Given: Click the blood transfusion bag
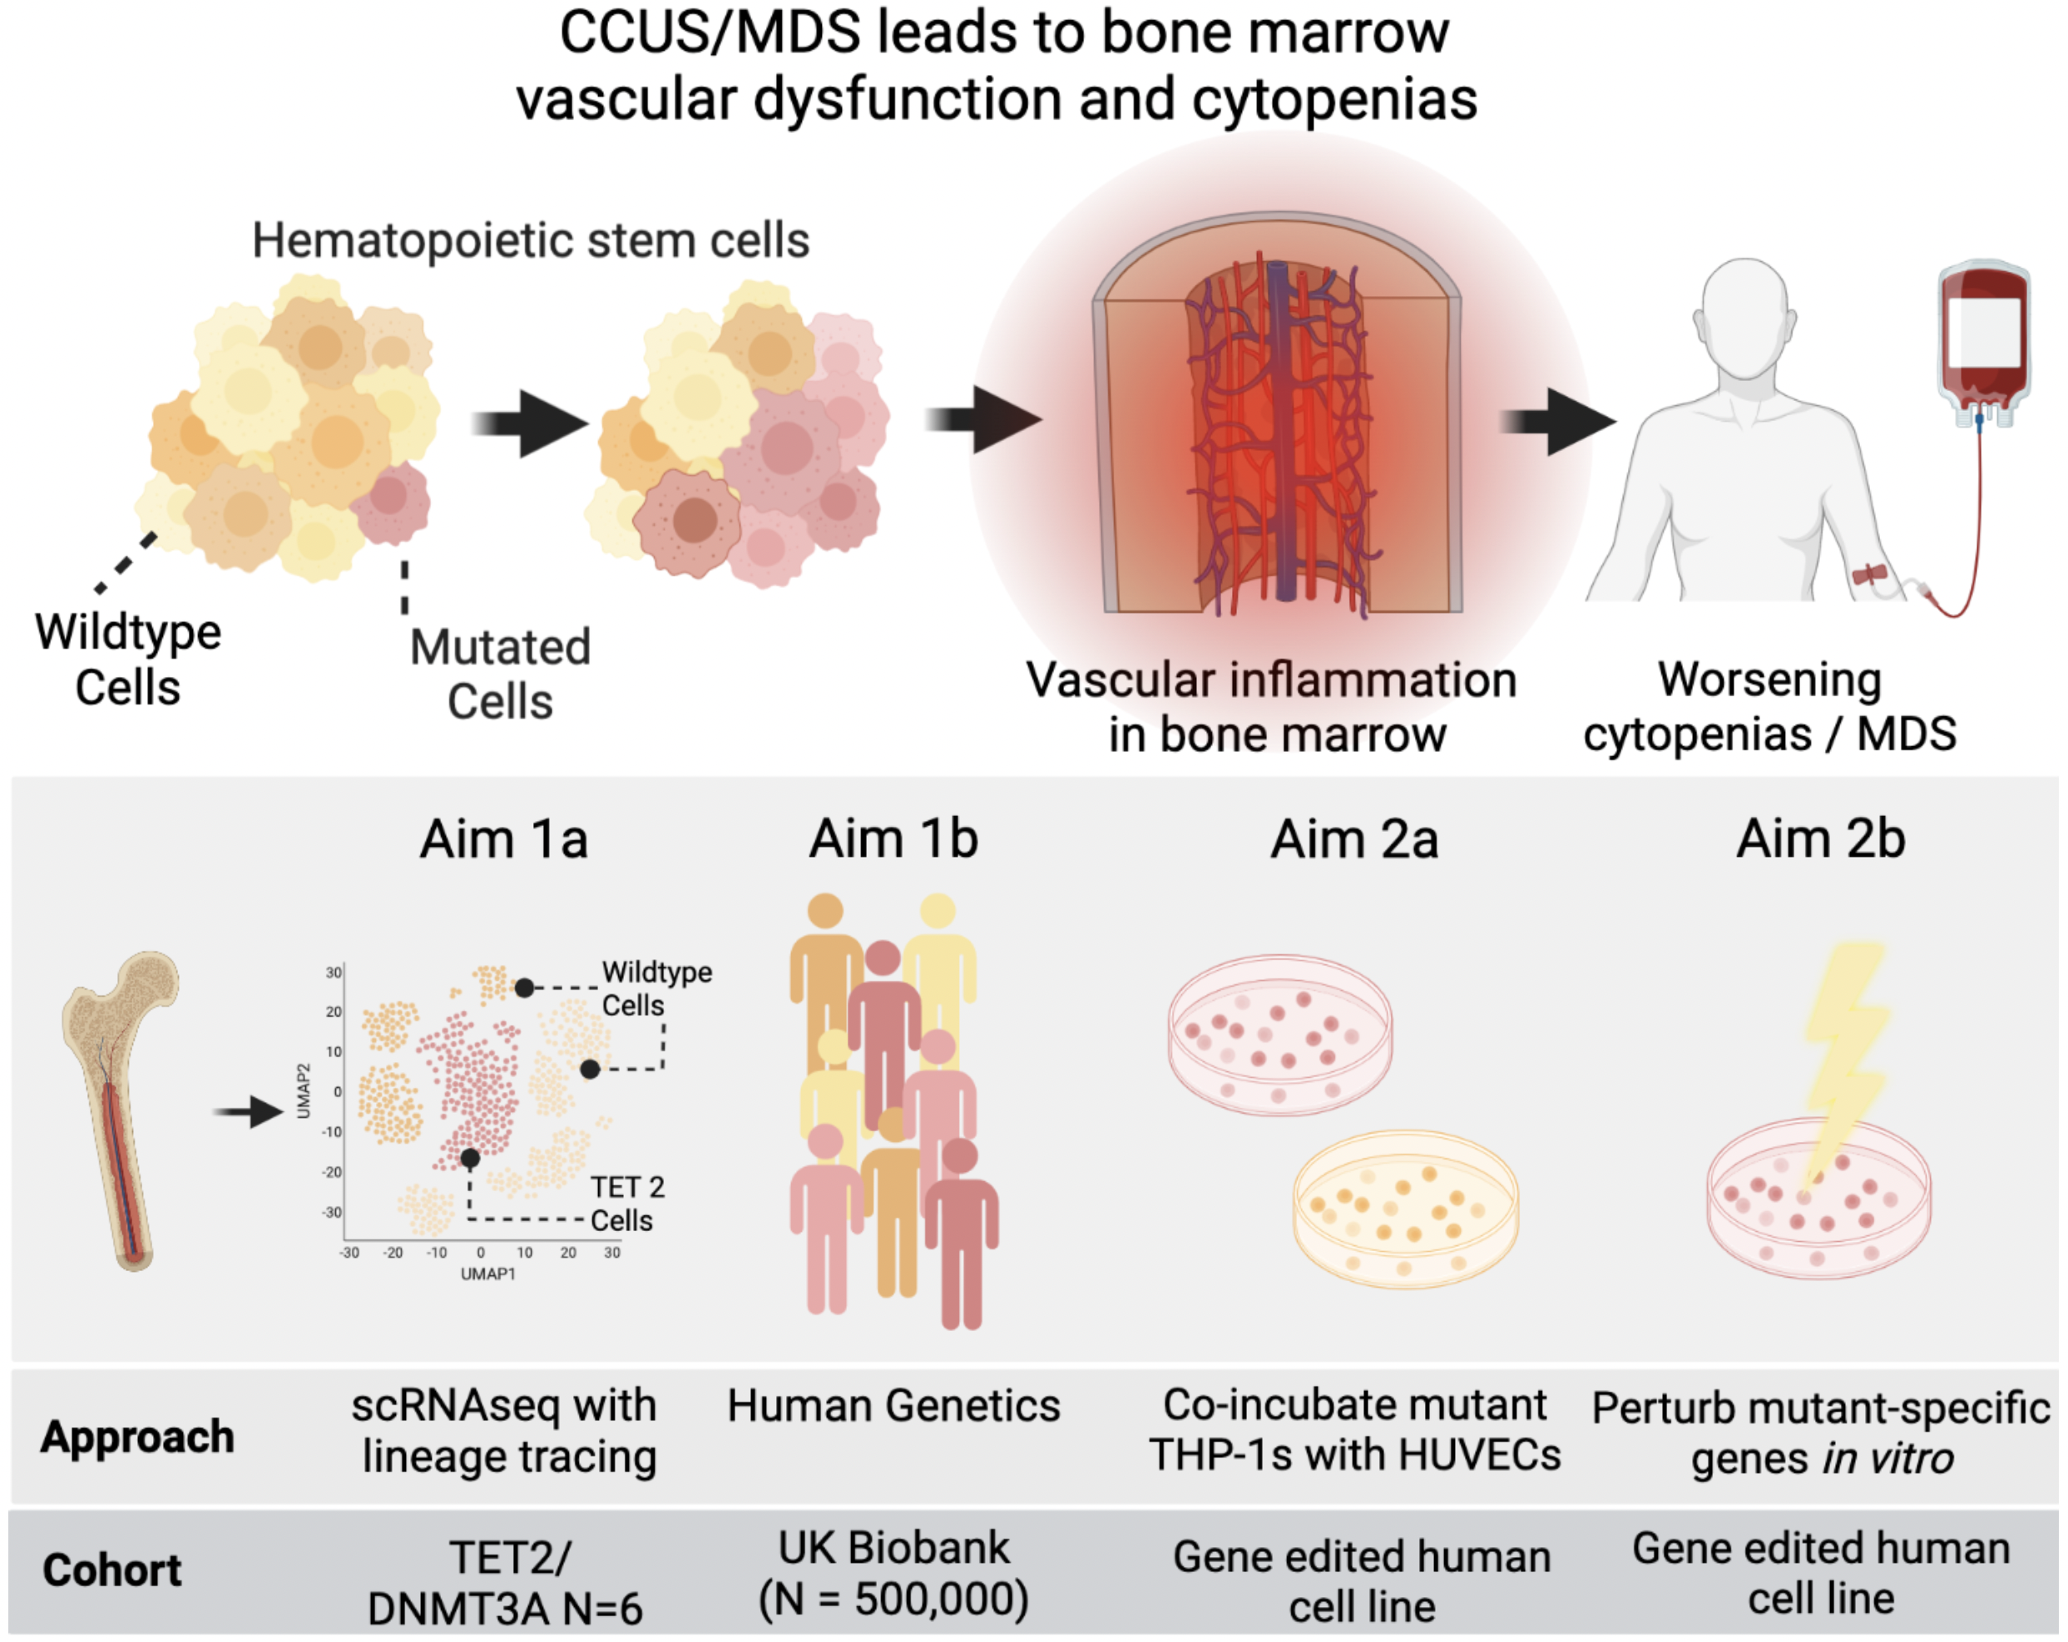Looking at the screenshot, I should (x=1984, y=340).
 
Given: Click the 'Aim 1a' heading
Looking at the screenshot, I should (x=503, y=839).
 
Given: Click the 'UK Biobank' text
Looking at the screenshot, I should (x=893, y=1547).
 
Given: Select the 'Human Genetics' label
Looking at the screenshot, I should (x=893, y=1406).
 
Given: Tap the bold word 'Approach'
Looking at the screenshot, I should (x=137, y=1437).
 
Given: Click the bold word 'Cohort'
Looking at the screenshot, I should (x=112, y=1570).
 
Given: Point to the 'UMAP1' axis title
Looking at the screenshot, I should (x=488, y=1274).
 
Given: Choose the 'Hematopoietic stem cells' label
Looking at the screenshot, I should (x=531, y=240).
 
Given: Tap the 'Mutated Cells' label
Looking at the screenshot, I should (x=500, y=675).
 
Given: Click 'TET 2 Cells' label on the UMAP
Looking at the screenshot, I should (x=626, y=1204).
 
